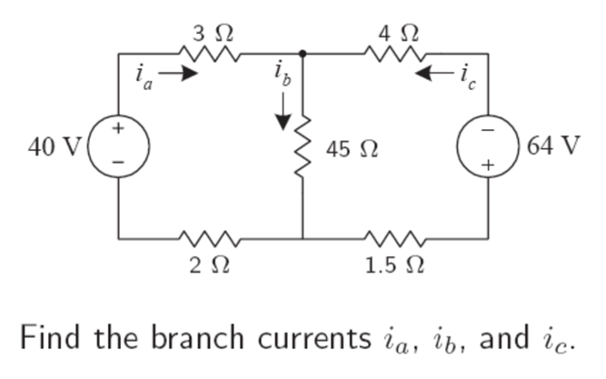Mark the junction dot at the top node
302,54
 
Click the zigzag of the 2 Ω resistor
212,240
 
